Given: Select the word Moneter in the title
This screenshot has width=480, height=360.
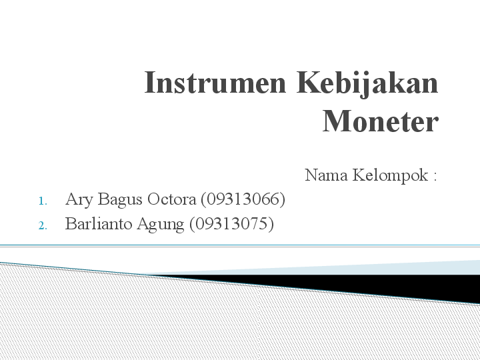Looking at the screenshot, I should pyautogui.click(x=381, y=122).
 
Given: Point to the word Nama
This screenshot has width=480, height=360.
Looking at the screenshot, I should pyautogui.click(x=326, y=175).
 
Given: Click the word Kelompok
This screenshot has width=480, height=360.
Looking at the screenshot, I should pyautogui.click(x=390, y=176).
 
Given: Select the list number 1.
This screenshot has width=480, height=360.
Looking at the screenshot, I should pyautogui.click(x=42, y=201).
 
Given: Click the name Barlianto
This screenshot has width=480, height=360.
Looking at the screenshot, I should pyautogui.click(x=99, y=224).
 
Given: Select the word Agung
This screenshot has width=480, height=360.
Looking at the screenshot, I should pyautogui.click(x=160, y=225).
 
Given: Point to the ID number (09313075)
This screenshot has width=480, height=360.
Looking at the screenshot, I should pyautogui.click(x=231, y=224).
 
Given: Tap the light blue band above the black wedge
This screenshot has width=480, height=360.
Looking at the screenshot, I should pyautogui.click(x=427, y=267).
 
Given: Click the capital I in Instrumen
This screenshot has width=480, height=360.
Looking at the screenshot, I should pyautogui.click(x=150, y=84).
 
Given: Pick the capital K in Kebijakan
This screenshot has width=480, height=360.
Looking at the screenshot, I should pyautogui.click(x=307, y=84).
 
